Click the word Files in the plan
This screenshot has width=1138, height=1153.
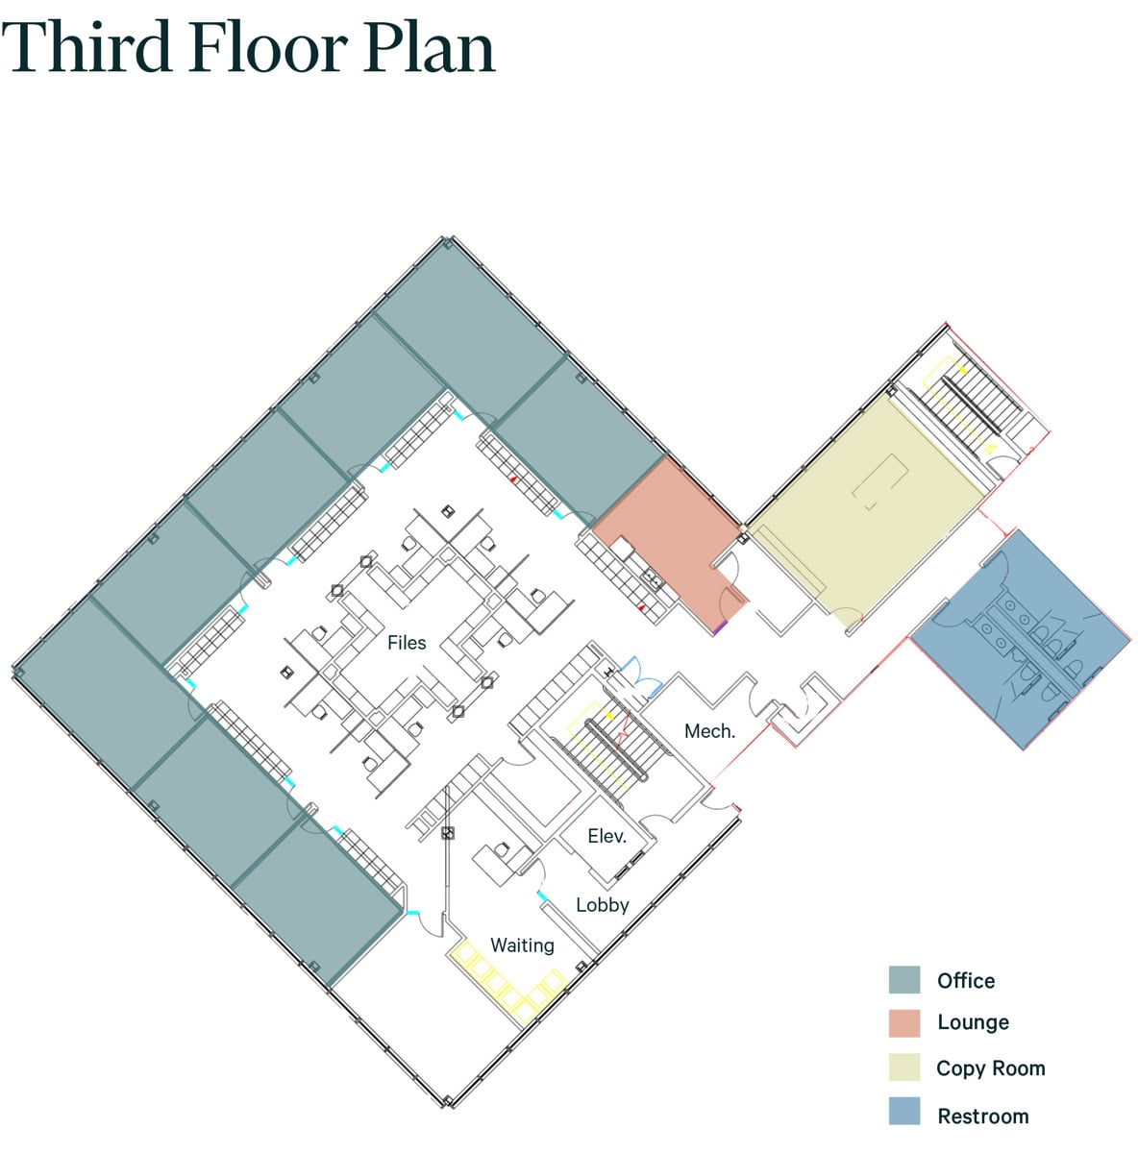click(x=407, y=643)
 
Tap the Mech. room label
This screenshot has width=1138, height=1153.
click(x=709, y=731)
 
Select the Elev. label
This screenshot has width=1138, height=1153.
click(x=606, y=836)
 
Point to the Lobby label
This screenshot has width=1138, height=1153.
click(x=603, y=905)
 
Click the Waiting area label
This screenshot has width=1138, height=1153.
click(x=522, y=945)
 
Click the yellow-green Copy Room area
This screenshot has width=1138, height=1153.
click(x=868, y=508)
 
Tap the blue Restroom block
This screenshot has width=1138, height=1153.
click(x=1021, y=639)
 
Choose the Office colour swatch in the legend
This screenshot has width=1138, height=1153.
click(x=903, y=980)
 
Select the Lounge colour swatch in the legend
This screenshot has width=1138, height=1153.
click(x=903, y=1023)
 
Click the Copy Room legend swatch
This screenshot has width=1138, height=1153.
click(x=903, y=1067)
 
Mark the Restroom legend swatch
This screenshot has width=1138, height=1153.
click(x=903, y=1111)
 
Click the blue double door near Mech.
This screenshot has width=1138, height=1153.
click(x=641, y=676)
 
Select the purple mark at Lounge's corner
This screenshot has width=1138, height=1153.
click(x=721, y=627)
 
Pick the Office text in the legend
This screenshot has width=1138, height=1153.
click(x=966, y=981)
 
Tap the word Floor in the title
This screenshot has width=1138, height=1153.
click(x=269, y=47)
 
